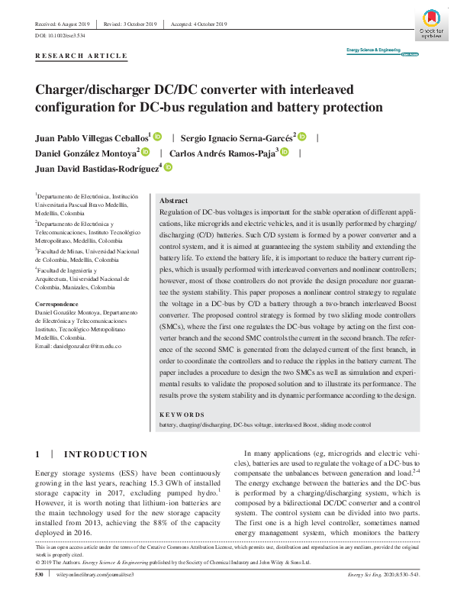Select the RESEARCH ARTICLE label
pyautogui.click(x=81, y=57)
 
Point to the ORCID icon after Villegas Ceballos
pyautogui.click(x=158, y=137)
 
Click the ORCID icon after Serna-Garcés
pyautogui.click(x=301, y=137)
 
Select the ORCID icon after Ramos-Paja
pyautogui.click(x=285, y=153)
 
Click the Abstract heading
pyautogui.click(x=174, y=199)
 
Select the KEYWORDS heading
pyautogui.click(x=182, y=415)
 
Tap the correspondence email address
pyautogui.click(x=79, y=347)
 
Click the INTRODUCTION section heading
pyautogui.click(x=105, y=454)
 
